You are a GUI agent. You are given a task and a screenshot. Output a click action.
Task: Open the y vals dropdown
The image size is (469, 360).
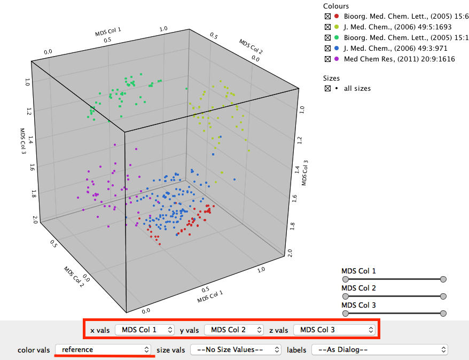(x=234, y=330)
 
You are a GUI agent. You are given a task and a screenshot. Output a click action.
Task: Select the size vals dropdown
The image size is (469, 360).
(x=236, y=349)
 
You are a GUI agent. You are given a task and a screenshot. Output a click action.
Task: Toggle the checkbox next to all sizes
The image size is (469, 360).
(x=327, y=89)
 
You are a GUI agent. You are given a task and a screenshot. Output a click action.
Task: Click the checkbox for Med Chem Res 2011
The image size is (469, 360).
(x=327, y=59)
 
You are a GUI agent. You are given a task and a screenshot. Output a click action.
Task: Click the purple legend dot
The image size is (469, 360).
(x=337, y=59)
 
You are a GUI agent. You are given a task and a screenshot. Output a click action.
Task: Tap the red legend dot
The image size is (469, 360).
(x=337, y=17)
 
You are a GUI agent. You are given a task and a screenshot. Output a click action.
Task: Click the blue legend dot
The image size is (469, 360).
(x=337, y=48)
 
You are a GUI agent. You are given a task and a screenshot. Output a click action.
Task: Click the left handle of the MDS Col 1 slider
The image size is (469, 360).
(x=346, y=279)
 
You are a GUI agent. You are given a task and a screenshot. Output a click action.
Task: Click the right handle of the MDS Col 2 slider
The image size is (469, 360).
(x=443, y=296)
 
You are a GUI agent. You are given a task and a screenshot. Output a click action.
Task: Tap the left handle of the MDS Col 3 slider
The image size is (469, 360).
(x=346, y=313)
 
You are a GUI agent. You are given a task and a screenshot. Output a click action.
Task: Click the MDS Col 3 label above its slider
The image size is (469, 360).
(x=358, y=305)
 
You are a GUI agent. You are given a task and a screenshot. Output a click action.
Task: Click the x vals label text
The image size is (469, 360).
(x=99, y=330)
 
